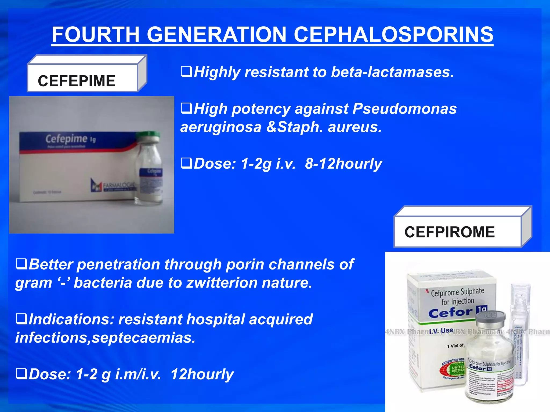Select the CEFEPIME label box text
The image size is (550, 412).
click(77, 81)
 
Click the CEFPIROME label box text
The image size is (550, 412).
click(450, 232)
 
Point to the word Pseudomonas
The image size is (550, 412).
click(404, 109)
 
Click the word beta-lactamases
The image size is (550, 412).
click(392, 72)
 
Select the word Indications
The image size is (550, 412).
click(71, 319)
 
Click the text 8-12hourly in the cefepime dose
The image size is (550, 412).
click(343, 164)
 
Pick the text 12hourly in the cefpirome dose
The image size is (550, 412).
click(202, 374)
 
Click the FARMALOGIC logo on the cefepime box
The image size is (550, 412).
click(113, 185)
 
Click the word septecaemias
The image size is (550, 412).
click(143, 338)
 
